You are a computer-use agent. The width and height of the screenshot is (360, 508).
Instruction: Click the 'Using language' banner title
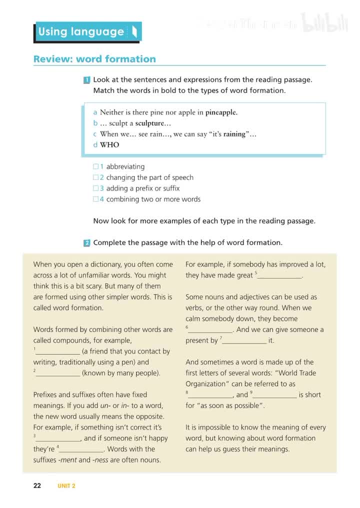coord(81,32)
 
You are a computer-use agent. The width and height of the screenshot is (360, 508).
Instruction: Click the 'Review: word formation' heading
coord(94,59)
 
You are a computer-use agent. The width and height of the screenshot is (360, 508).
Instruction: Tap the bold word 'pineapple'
coord(221,112)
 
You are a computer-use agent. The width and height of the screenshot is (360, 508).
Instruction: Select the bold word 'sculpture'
coord(149,123)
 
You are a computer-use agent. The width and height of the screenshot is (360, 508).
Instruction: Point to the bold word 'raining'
coord(232,134)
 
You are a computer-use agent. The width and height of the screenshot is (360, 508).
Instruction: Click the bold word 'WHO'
coord(109,145)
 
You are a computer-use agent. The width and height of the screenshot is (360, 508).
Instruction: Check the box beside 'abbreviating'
coord(96,167)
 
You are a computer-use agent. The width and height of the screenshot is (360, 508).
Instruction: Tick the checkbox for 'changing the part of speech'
coord(96,177)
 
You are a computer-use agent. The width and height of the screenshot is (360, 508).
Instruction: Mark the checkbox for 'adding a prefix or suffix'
coord(96,188)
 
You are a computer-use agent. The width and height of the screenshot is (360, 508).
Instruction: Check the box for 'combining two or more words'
coord(96,199)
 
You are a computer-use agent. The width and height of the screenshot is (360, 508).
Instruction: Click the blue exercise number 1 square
coord(87,80)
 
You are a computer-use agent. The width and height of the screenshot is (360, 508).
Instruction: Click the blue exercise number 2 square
coord(87,243)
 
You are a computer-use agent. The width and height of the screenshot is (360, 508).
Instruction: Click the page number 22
coord(37,485)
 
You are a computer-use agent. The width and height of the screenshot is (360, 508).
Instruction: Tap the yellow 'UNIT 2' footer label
coord(66,486)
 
